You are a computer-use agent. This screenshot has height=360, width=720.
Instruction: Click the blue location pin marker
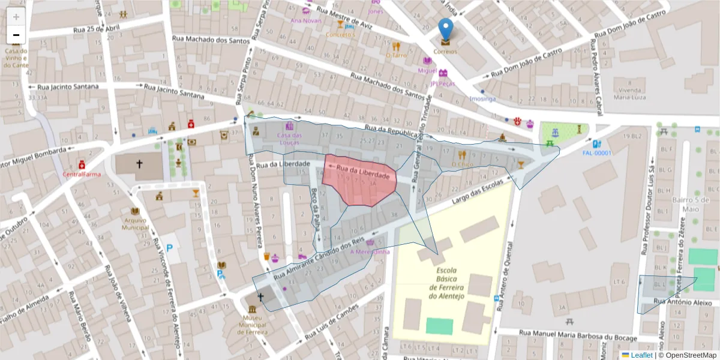[445, 29]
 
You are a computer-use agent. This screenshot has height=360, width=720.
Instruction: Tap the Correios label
[445, 52]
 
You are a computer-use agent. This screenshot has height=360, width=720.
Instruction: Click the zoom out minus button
[16, 35]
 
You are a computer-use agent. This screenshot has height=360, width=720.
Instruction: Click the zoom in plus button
[16, 17]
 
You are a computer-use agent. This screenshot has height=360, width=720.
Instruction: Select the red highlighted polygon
[359, 183]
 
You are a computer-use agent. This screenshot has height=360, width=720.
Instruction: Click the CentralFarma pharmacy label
[81, 175]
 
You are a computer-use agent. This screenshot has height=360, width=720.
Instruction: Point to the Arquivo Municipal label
[135, 224]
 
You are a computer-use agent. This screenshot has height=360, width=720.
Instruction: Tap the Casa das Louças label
[289, 139]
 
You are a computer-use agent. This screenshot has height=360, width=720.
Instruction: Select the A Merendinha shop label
[370, 252]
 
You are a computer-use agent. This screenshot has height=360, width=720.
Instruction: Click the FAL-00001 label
[596, 153]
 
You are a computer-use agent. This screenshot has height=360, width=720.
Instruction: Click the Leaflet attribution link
[641, 355]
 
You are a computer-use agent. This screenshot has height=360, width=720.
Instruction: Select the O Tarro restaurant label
[396, 55]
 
